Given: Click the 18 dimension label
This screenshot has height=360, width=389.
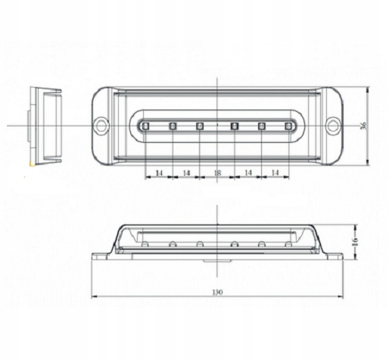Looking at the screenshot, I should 217,173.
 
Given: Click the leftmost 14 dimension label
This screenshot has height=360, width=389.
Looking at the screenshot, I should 159,173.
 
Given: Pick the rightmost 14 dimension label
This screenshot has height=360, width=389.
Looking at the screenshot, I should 275,173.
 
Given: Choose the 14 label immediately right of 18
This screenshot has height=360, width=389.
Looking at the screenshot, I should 247,173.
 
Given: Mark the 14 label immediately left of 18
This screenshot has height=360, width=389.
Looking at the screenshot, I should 186,173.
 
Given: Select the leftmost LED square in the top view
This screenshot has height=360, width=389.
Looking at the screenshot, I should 145,126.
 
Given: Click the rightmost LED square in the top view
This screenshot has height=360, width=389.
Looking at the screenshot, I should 288,126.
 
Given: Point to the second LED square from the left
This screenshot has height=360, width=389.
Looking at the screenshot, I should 173,126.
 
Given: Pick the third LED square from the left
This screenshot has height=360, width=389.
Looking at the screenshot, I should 200,126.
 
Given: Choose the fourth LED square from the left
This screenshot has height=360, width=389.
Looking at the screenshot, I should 234,126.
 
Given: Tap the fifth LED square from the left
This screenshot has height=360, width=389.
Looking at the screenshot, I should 261,126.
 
